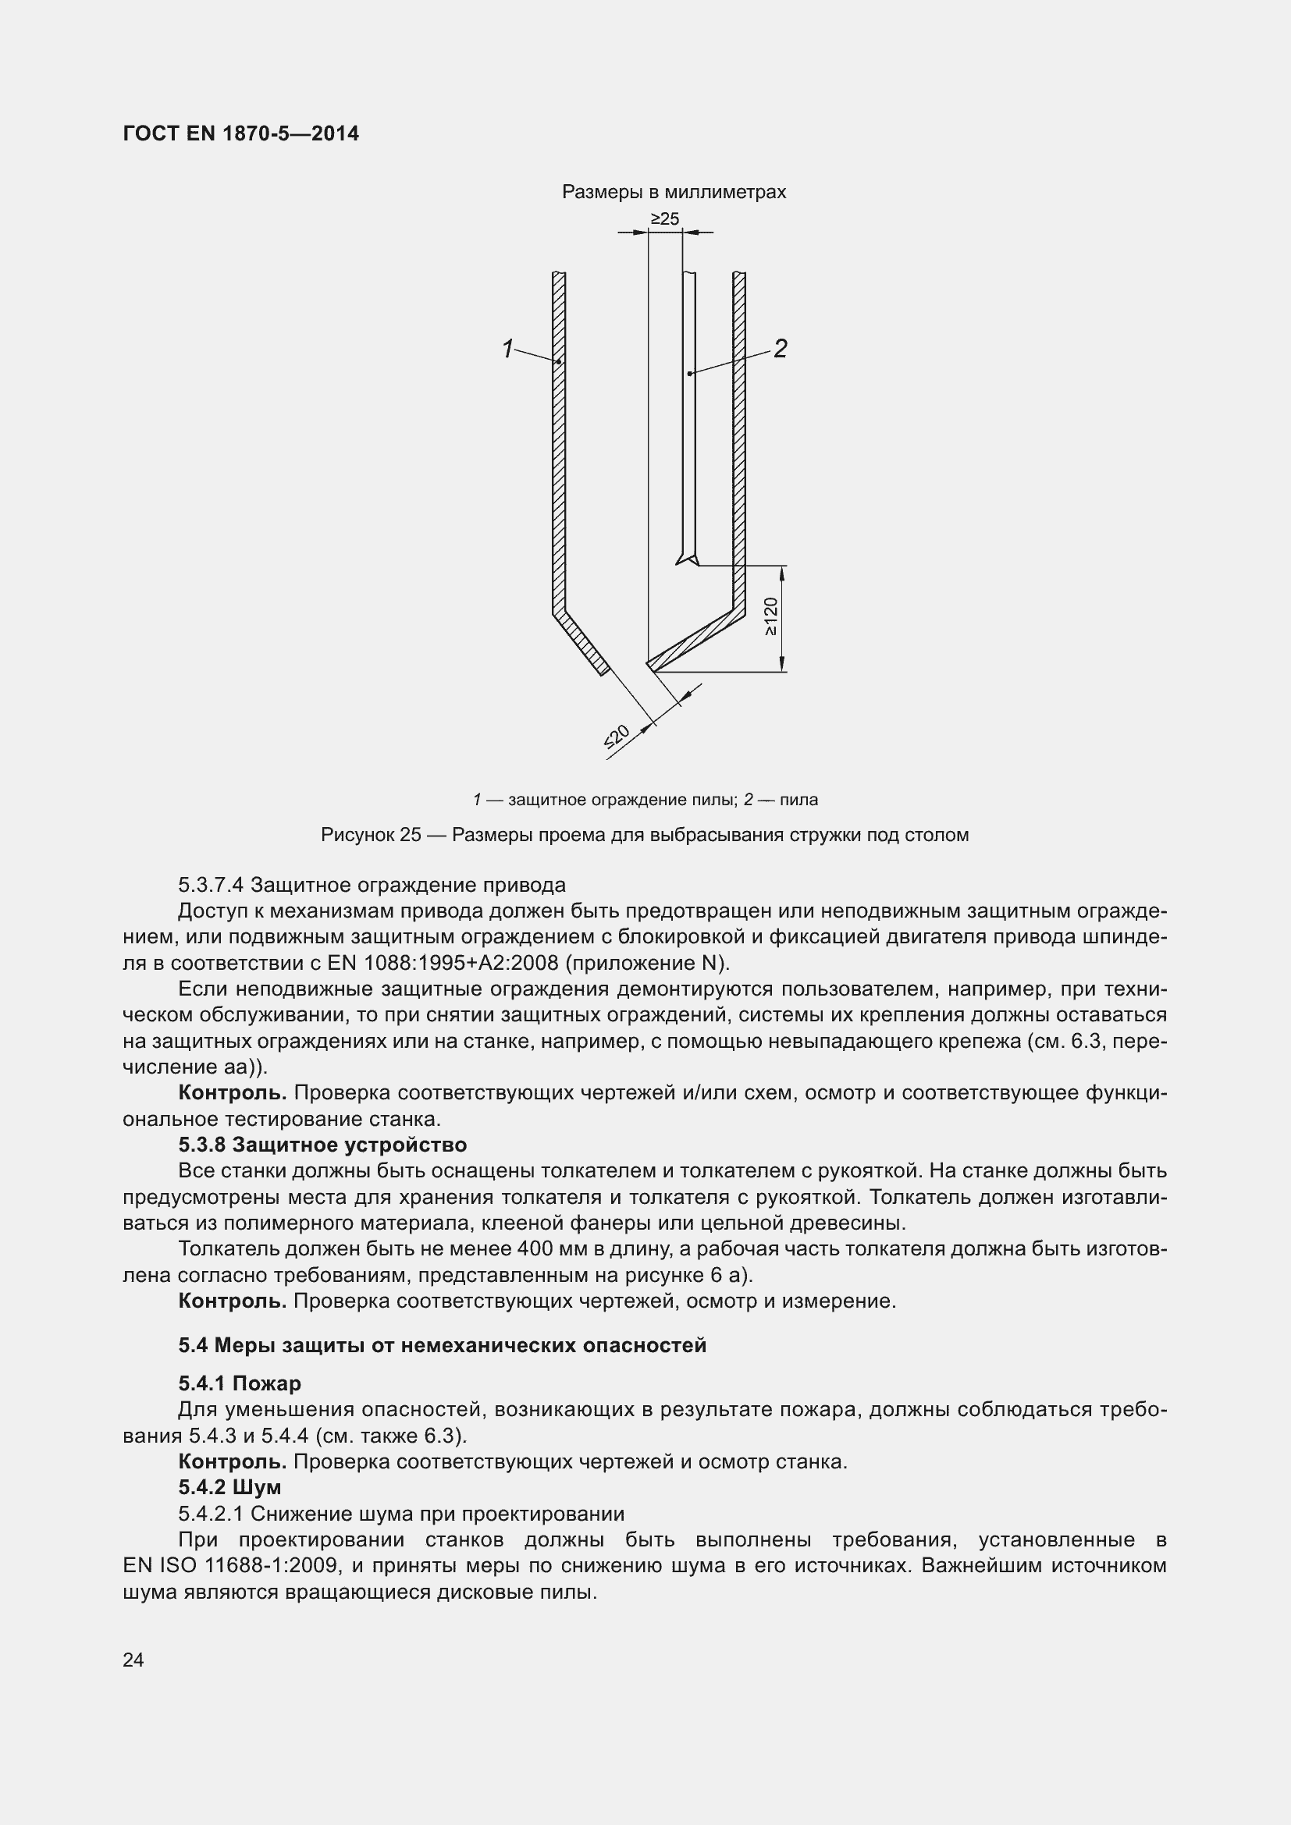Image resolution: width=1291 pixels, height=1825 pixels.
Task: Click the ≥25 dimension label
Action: [x=664, y=218]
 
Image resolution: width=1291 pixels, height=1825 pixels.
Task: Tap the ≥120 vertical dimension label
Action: [x=770, y=616]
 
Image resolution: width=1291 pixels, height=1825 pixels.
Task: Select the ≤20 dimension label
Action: [x=617, y=737]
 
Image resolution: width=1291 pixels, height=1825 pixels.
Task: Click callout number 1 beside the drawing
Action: [x=508, y=349]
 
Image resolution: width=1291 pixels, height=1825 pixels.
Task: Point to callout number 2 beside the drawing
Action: [x=780, y=348]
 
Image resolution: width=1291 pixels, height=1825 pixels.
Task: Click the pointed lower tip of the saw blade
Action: [x=681, y=562]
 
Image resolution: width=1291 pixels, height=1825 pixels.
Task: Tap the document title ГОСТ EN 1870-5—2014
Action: [x=241, y=133]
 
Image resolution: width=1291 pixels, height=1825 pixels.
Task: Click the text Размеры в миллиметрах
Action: [x=674, y=192]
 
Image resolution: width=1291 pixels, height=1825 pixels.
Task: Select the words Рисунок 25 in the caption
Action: [x=371, y=835]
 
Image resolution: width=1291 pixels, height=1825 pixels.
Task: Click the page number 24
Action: [x=133, y=1659]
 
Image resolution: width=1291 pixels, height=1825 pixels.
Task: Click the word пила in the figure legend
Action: [x=798, y=800]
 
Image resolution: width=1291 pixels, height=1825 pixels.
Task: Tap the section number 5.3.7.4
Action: [x=211, y=885]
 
